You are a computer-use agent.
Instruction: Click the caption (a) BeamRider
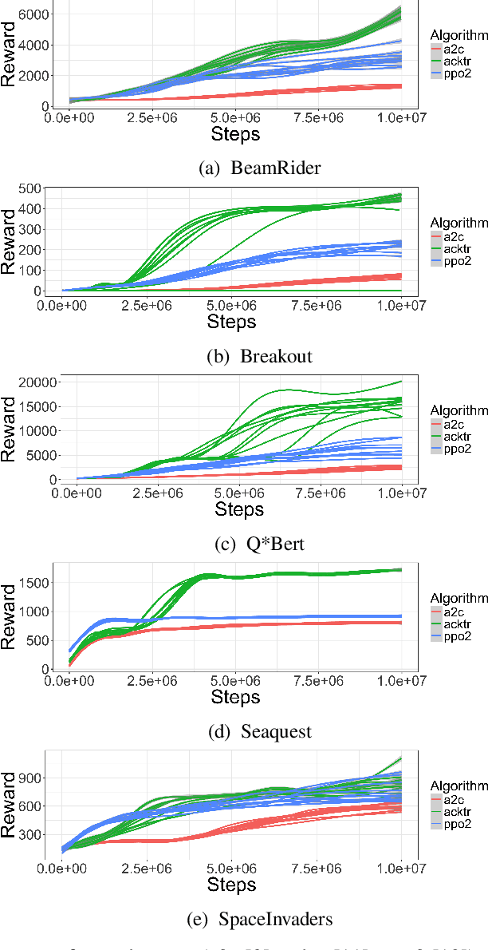pos(244,168)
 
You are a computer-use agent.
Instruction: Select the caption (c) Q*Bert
pos(244,545)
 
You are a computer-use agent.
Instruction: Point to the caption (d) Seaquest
pos(244,732)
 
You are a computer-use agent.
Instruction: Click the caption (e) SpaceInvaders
pos(244,920)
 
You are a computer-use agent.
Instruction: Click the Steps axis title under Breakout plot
pos(231,322)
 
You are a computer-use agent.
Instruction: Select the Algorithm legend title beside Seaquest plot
pos(458,597)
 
